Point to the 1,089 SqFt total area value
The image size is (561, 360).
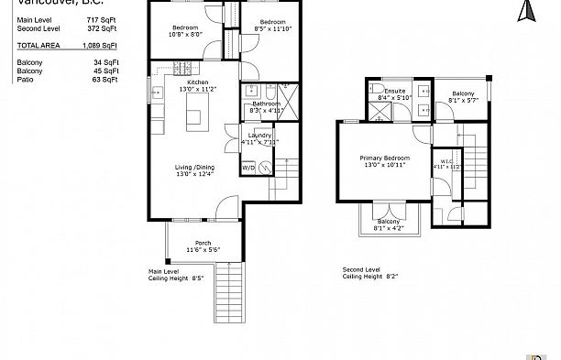pos(100,44)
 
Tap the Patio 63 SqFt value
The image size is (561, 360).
pos(105,80)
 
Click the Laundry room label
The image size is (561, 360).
pos(258,137)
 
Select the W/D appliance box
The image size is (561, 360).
pos(248,168)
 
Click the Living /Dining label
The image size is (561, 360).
pos(193,169)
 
